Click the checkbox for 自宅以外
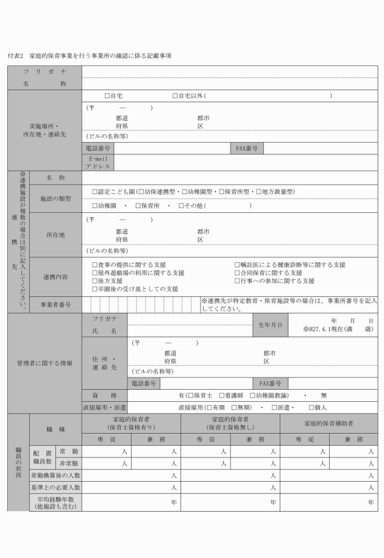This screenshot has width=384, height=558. point(175,96)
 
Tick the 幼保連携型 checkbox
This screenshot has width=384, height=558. point(140,191)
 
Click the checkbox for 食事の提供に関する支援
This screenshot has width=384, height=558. point(94,265)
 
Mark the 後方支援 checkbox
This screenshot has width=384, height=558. point(94,281)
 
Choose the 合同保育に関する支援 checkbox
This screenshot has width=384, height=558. point(238,273)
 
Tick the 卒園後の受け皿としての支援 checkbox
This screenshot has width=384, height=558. point(94,289)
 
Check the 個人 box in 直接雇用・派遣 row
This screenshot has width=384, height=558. point(311,407)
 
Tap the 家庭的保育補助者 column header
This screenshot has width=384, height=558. point(329,423)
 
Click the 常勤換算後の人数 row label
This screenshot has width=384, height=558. point(55,475)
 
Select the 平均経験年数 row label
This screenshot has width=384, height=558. point(55,502)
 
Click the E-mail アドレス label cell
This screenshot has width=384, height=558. point(98,162)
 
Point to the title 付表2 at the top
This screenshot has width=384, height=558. point(15,55)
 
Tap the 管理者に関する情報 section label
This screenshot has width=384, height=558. point(44,363)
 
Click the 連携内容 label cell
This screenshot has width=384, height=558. point(55,277)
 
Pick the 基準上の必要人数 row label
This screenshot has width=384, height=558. point(55,488)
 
